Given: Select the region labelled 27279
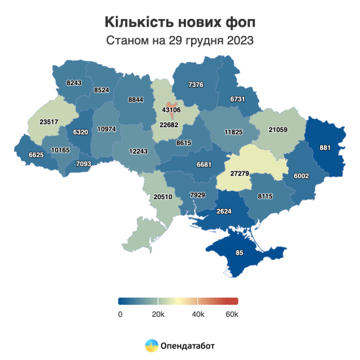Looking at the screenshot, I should (243, 173).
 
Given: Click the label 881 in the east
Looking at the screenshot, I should (324, 147).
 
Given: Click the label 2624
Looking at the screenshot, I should (225, 211).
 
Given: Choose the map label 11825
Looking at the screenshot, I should (233, 132).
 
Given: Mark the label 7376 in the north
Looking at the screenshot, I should (196, 84).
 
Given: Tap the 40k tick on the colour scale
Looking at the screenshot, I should (197, 315).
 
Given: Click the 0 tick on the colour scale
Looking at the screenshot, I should (120, 315).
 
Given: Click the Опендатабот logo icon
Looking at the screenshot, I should (151, 345).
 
